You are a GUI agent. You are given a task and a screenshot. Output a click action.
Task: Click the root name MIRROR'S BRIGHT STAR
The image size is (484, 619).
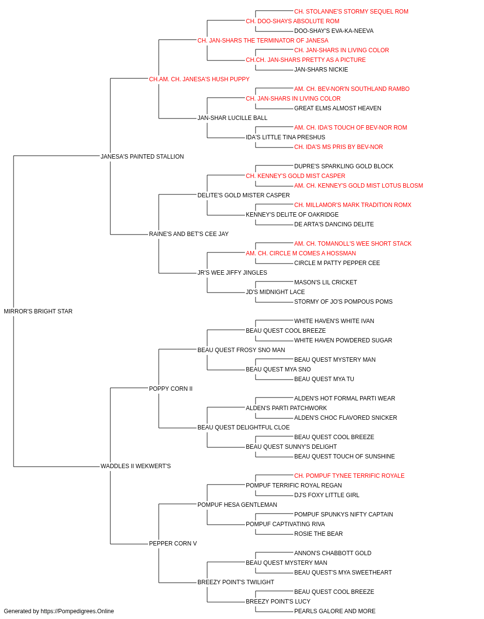38,311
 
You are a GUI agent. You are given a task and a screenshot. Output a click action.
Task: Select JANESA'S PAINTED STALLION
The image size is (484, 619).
142,156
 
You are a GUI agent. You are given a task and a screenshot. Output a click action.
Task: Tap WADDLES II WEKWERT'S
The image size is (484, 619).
136,466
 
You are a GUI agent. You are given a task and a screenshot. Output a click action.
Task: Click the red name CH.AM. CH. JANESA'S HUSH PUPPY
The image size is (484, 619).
199,79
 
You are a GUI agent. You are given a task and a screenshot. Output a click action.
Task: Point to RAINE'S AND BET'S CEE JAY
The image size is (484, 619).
189,234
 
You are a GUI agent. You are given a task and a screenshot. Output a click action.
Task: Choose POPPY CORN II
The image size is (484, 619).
171,388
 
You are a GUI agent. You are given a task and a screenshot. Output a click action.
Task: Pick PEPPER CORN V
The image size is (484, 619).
173,543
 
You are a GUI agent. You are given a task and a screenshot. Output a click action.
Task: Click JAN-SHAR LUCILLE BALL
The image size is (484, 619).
232,118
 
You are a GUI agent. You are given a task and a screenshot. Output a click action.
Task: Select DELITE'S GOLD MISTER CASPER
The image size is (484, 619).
244,195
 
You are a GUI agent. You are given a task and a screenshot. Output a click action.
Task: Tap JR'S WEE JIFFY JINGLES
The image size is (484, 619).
232,273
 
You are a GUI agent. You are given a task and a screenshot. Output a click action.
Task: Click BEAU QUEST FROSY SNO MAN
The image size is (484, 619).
241,350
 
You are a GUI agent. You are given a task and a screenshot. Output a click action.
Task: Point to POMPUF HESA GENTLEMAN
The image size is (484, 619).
237,504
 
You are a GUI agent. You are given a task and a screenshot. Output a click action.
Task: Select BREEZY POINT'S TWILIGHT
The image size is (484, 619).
236,582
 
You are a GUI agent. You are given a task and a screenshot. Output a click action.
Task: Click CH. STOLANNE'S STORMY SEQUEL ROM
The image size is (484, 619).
351,12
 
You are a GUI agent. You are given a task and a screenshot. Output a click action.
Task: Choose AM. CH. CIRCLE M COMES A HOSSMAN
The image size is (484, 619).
301,253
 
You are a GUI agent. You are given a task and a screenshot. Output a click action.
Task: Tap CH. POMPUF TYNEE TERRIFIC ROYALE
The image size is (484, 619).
349,476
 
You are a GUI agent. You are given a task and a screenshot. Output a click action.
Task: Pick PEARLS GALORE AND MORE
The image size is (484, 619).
334,611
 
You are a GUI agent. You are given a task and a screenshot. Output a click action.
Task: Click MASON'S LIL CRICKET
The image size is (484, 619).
326,282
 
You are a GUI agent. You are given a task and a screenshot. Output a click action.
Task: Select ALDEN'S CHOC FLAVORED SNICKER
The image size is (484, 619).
346,418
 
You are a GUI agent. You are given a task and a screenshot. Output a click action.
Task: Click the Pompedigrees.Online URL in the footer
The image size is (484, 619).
77,611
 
